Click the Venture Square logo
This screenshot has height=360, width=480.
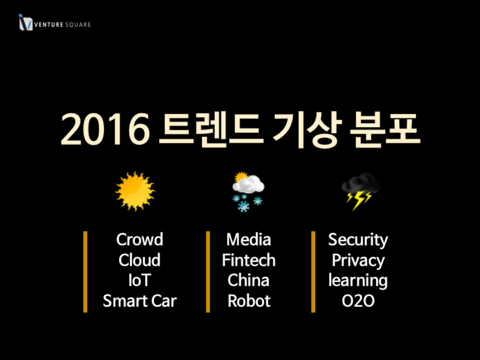[55, 22]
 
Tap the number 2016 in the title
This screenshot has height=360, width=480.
[105, 129]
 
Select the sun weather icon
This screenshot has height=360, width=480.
[135, 191]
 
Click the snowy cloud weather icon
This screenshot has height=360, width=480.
[248, 192]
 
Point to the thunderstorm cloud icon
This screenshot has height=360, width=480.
[360, 192]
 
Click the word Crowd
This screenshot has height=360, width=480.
[140, 239]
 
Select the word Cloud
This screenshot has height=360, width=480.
[140, 260]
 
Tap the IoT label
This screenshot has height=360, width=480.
[140, 280]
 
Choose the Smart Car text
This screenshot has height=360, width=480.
[140, 300]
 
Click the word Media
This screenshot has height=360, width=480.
[249, 239]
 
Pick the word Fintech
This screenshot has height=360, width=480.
[249, 260]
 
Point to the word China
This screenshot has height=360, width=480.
[248, 280]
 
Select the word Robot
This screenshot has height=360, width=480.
[249, 301]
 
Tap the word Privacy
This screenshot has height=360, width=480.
[358, 261]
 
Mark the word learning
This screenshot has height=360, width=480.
[358, 281]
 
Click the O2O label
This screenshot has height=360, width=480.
[358, 301]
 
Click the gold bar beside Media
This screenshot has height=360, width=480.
[208, 272]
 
